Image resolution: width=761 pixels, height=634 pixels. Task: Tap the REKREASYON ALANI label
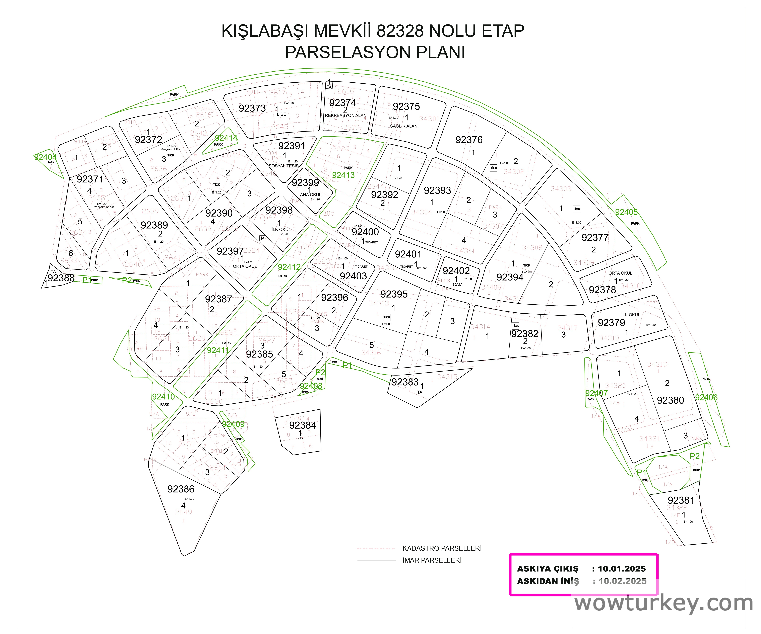coord(346,116)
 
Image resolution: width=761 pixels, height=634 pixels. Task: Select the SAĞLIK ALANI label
coord(404,126)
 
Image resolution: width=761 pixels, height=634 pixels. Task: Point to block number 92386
coord(181,489)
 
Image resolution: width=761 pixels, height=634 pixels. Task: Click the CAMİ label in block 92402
coord(458,284)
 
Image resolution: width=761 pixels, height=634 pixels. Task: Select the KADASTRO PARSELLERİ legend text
coord(442,549)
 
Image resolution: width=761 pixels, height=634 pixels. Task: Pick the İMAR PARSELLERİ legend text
coord(432,560)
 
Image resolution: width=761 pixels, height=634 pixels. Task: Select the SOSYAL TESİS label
coord(283,166)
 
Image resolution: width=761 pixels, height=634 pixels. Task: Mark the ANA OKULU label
coord(312,194)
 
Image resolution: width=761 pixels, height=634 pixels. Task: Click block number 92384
coord(303,425)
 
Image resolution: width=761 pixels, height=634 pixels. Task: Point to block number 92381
coord(681,500)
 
